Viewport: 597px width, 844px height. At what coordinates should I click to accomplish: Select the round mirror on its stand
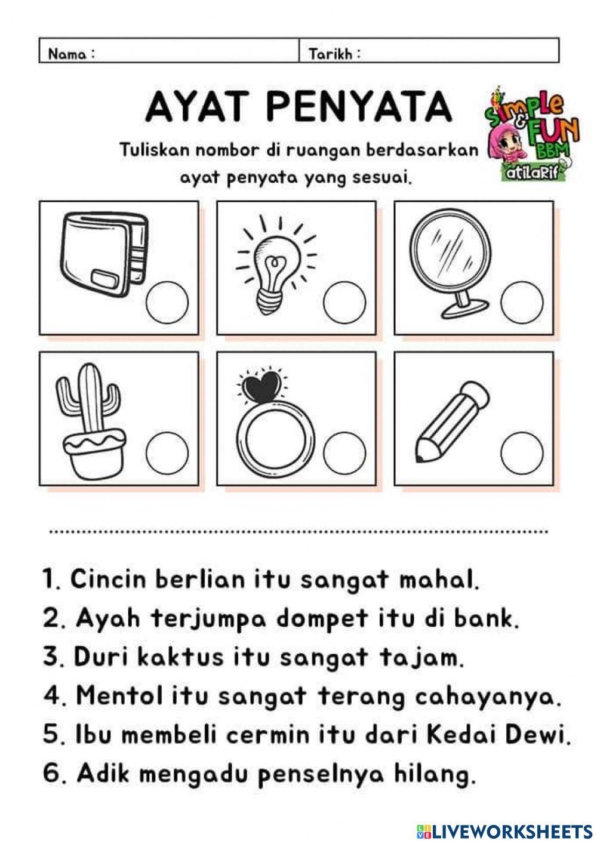click(x=450, y=257)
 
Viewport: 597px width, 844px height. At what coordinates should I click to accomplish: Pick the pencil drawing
click(x=450, y=421)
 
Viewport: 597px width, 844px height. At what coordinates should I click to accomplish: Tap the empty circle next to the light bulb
click(x=344, y=301)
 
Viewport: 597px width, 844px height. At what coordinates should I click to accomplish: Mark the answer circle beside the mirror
click(x=522, y=303)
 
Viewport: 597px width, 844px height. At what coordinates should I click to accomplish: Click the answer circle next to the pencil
click(x=522, y=452)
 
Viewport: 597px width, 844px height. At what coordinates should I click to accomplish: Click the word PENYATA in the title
click(x=358, y=107)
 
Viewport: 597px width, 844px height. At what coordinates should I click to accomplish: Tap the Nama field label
click(x=71, y=54)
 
